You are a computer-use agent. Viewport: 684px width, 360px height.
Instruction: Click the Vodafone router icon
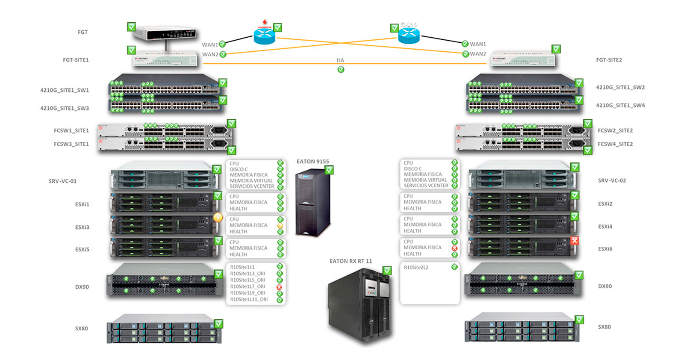coord(264,35)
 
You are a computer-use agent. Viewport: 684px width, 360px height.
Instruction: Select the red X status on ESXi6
coord(575,241)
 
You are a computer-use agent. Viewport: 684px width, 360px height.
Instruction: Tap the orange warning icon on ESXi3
coord(218,218)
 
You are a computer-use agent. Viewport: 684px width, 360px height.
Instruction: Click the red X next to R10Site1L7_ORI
coord(280,287)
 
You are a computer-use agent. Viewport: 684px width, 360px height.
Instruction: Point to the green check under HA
coord(341,70)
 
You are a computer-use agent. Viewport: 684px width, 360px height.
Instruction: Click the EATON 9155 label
coord(313,162)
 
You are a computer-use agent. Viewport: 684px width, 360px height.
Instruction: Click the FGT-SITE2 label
coord(609,60)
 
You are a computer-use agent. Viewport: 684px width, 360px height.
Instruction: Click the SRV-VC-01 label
coord(62,181)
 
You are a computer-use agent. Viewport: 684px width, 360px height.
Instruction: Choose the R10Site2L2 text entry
coord(416,268)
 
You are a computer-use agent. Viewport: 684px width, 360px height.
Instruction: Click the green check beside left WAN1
coord(222,44)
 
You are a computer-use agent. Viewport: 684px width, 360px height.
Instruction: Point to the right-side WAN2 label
coord(478,54)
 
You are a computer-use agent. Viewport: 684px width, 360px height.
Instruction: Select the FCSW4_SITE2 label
coord(615,144)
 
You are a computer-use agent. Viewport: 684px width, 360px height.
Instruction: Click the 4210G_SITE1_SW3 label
coord(65,108)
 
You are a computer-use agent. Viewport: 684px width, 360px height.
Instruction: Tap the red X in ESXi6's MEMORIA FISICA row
coord(454,248)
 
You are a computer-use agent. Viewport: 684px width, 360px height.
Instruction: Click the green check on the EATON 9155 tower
coord(329,170)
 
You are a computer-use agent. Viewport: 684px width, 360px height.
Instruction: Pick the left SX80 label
coord(81,328)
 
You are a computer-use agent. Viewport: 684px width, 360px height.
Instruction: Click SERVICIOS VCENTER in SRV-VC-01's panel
coord(252,186)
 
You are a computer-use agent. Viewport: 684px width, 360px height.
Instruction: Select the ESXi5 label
coord(82,250)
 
